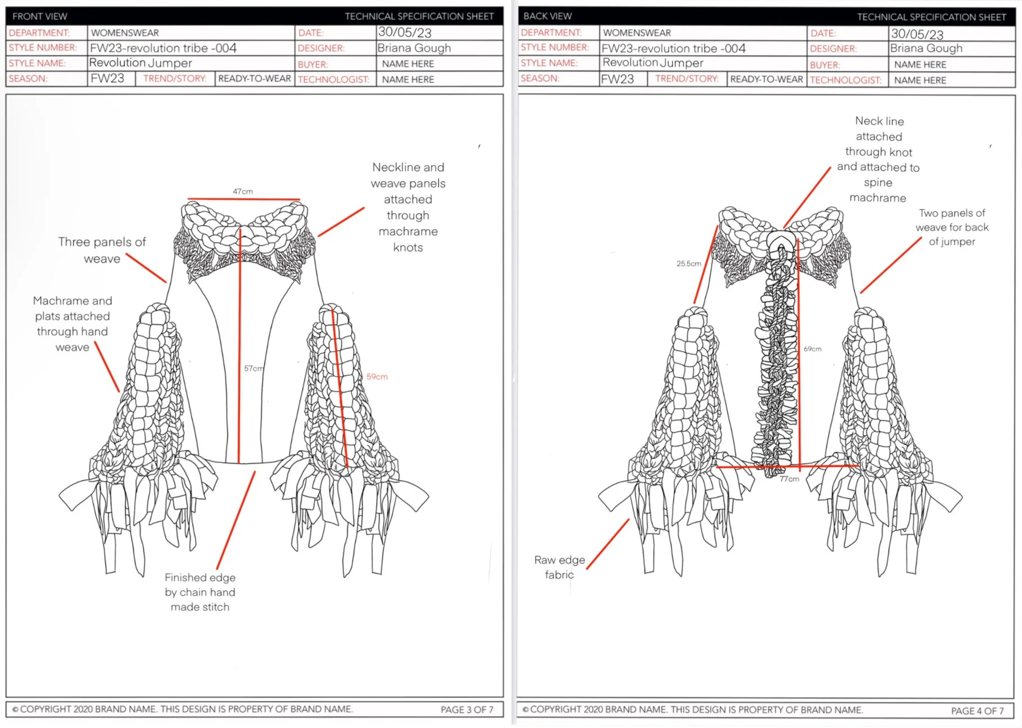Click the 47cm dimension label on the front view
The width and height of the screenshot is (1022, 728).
243,192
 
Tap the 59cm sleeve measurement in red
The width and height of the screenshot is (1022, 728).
377,377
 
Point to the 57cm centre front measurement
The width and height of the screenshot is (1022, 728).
253,368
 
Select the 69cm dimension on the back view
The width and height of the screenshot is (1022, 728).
812,349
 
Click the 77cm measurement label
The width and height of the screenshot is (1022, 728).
789,479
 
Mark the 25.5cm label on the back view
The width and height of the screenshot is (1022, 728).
688,263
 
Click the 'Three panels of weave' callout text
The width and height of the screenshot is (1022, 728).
102,250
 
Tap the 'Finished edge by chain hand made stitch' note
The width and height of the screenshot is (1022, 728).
200,592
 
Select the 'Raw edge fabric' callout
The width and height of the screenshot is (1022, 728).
559,567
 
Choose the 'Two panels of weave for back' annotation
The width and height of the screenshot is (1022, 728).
952,227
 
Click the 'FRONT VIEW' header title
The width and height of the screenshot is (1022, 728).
40,16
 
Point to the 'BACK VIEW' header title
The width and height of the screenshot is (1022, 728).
547,16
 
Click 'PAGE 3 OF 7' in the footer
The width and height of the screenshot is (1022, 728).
467,710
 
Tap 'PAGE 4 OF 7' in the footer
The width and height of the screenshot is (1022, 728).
977,711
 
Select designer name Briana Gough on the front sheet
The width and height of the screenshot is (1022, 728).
414,48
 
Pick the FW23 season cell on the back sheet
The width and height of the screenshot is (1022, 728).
617,79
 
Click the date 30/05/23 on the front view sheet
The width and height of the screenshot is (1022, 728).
404,33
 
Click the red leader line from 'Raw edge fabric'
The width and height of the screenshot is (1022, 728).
608,544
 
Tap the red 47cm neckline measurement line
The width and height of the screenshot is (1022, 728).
243,199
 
